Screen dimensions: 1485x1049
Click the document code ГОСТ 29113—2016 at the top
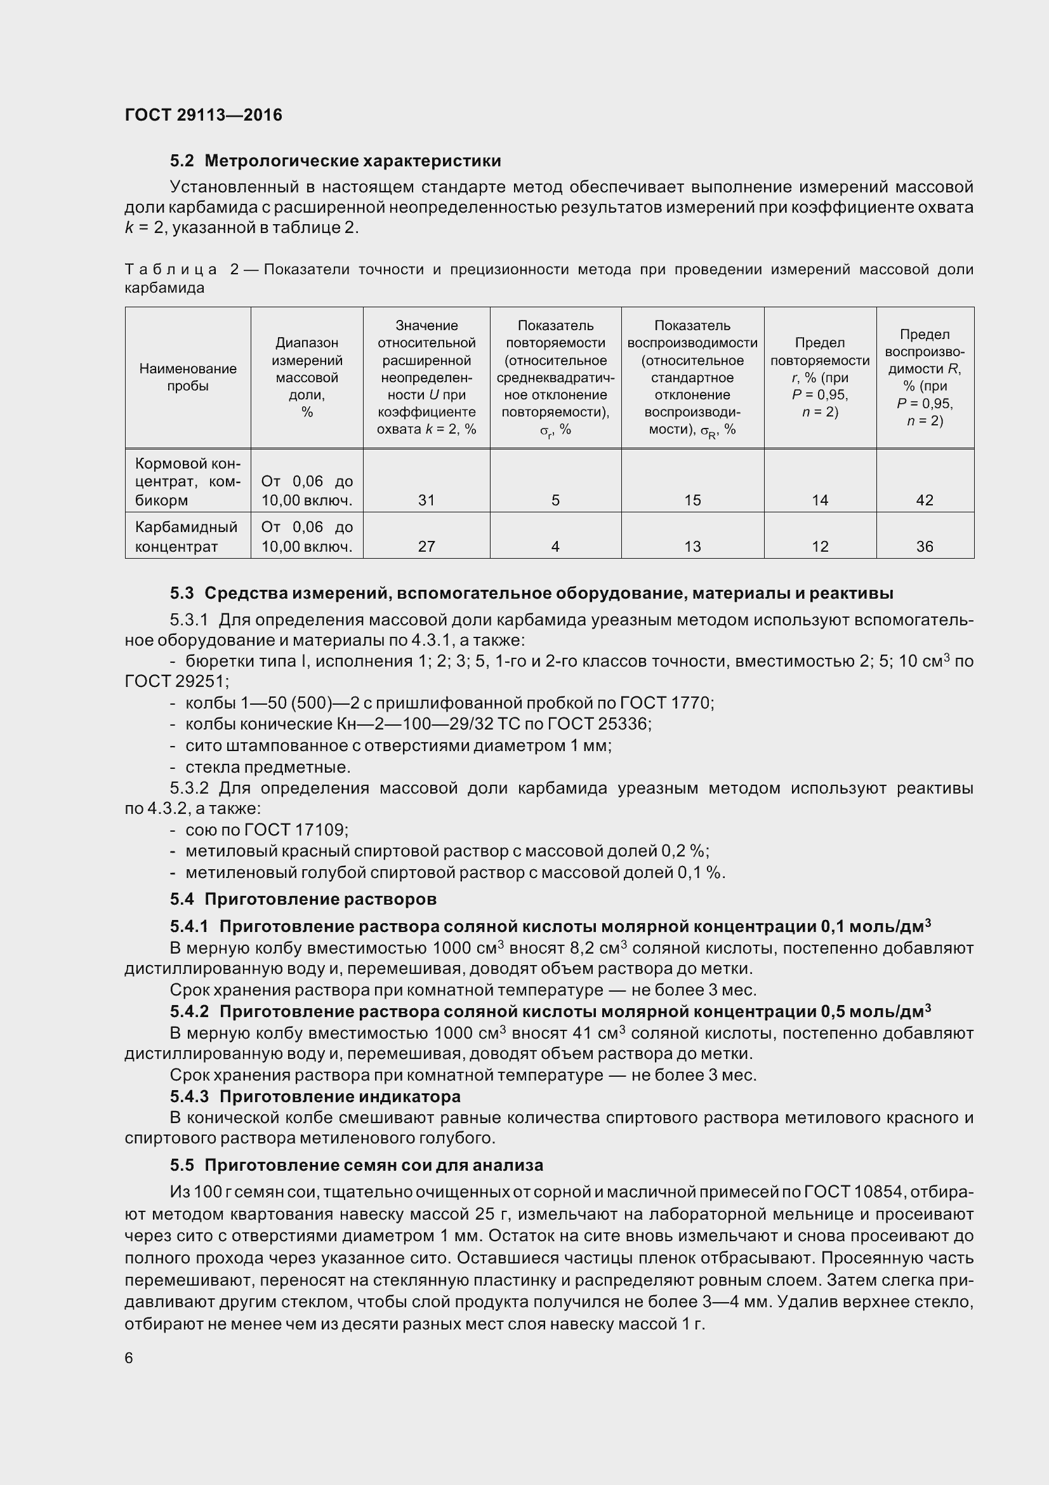tap(203, 115)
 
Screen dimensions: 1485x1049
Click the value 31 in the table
tap(426, 500)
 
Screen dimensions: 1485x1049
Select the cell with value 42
tap(924, 500)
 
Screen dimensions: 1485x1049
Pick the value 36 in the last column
tap(924, 547)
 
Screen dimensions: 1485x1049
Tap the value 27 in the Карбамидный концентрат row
tap(426, 547)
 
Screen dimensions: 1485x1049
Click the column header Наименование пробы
tap(187, 377)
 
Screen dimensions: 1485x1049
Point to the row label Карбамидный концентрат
tap(186, 536)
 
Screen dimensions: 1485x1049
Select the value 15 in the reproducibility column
tap(692, 500)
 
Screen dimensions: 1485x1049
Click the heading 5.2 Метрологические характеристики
tap(336, 161)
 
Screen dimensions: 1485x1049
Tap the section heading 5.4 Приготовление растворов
tap(303, 899)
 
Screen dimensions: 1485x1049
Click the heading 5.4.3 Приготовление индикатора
tap(315, 1096)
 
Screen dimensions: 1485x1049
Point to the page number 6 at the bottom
tap(129, 1358)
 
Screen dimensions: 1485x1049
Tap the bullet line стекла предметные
tap(267, 767)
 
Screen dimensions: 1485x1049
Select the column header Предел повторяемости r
tap(819, 377)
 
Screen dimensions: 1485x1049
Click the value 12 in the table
tap(819, 547)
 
